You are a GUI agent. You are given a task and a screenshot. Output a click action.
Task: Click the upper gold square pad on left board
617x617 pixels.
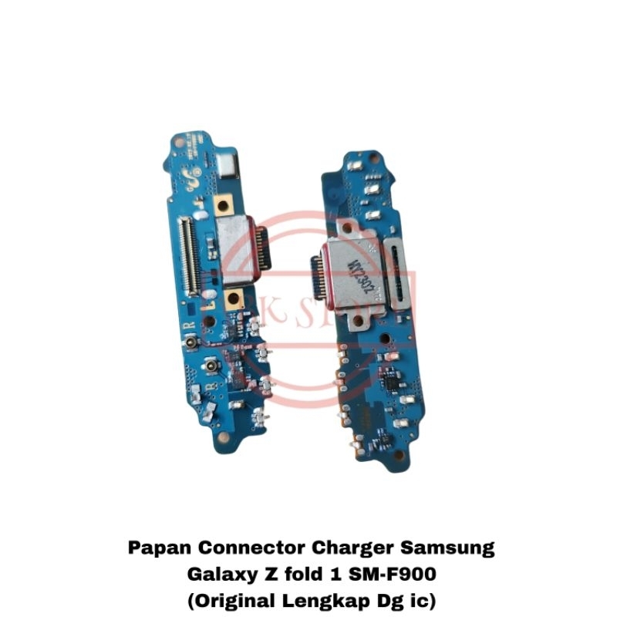229,204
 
